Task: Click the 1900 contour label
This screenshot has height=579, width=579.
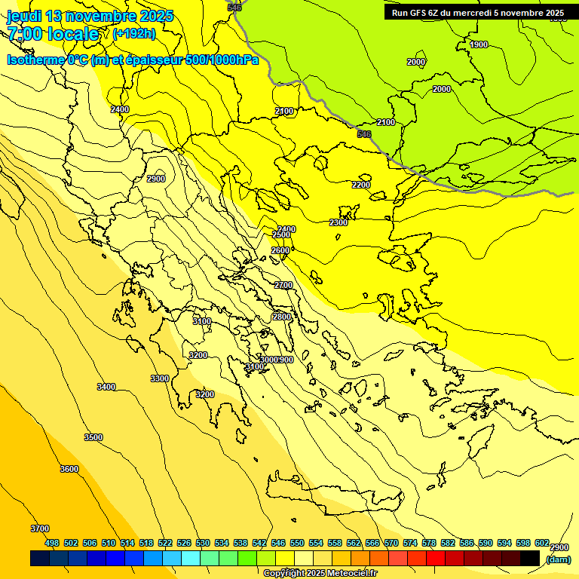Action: click(x=479, y=44)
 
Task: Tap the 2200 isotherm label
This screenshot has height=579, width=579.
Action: click(x=361, y=185)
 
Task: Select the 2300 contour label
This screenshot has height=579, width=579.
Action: click(x=339, y=222)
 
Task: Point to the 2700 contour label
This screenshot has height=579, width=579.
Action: click(x=283, y=285)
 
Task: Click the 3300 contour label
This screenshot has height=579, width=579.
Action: click(x=160, y=378)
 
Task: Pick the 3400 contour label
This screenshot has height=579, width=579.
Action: click(x=106, y=387)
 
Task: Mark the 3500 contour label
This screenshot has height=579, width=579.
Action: click(x=93, y=437)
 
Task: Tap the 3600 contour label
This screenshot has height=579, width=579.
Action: click(x=69, y=469)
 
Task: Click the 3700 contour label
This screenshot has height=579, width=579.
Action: click(x=40, y=528)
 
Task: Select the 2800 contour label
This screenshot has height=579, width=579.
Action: click(x=282, y=317)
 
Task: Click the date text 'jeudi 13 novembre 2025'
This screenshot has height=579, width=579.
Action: click(x=90, y=16)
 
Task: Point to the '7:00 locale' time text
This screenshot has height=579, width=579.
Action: click(x=53, y=34)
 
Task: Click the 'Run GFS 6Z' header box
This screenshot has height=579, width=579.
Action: click(x=478, y=13)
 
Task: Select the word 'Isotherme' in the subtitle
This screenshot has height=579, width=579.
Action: click(x=35, y=60)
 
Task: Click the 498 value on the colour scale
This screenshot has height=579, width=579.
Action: click(x=52, y=543)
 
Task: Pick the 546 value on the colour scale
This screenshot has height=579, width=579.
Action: click(x=278, y=543)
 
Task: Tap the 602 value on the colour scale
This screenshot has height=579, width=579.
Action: click(x=542, y=543)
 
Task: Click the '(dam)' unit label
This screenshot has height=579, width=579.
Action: click(x=558, y=559)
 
